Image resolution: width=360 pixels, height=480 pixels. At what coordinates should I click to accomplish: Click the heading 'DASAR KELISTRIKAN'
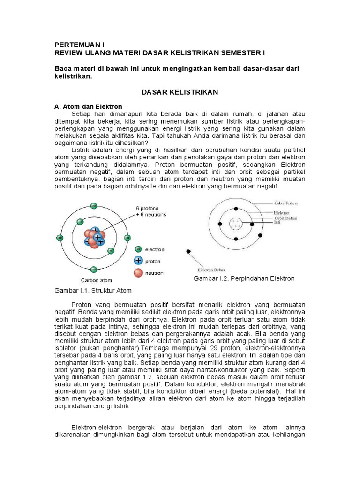coord(180,92)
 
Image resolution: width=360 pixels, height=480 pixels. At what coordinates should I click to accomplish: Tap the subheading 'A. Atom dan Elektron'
coord(89,107)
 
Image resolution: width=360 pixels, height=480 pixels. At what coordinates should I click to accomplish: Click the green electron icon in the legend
coord(138,250)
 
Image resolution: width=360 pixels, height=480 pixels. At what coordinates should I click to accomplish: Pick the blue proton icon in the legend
coord(138,261)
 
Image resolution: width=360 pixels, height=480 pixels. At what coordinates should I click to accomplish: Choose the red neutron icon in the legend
coord(138,272)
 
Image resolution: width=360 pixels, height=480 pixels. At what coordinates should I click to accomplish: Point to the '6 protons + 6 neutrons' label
coord(150,211)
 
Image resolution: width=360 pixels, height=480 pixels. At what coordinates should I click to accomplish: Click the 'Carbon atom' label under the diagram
coord(94,280)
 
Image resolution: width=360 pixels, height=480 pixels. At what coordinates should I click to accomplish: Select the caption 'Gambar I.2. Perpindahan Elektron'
coord(244,278)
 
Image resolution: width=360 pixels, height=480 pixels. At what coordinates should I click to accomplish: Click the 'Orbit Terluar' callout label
coord(286,203)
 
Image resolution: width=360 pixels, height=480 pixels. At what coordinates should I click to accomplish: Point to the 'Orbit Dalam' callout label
coord(285,217)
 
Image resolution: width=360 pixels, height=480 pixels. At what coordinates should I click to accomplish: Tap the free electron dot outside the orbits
coord(188,252)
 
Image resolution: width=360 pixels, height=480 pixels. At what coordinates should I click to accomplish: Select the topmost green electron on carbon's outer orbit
coord(94,206)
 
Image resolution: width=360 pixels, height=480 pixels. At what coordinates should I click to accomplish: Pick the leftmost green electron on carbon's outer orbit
coord(60,238)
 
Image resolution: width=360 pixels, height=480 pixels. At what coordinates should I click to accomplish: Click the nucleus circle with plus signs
coord(236,223)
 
